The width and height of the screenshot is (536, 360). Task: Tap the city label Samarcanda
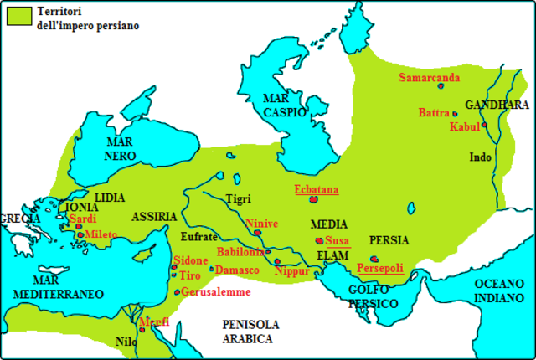429,78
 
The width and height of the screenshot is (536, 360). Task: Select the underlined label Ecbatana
316,189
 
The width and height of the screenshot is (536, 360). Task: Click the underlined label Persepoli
380,268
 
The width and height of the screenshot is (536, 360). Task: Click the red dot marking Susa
319,241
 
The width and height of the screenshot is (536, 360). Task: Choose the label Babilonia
240,251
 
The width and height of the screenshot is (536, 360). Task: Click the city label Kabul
464,127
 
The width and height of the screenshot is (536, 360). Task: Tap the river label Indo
480,157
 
